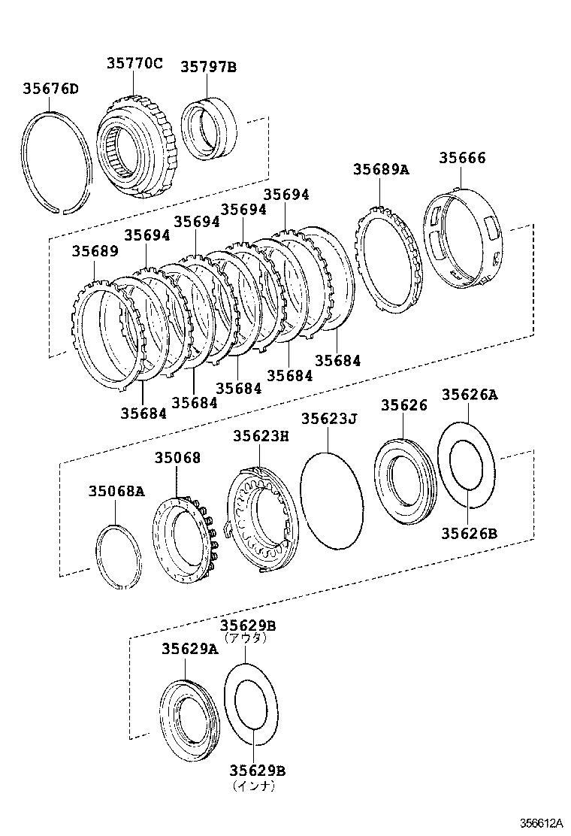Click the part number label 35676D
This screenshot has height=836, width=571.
[50, 89]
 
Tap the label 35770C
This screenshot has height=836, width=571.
[134, 64]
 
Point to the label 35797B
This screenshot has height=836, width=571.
[208, 67]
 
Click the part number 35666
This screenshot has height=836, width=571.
[462, 158]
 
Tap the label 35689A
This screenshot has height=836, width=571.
[381, 170]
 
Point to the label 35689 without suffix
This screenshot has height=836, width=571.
[95, 251]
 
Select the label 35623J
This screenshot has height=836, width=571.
[328, 419]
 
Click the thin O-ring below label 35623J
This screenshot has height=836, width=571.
[331, 501]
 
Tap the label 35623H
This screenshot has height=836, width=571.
[260, 435]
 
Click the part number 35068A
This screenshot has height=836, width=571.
[116, 492]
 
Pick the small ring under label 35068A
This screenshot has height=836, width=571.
[119, 557]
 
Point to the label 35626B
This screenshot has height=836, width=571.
[469, 534]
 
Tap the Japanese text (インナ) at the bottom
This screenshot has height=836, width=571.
[253, 786]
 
